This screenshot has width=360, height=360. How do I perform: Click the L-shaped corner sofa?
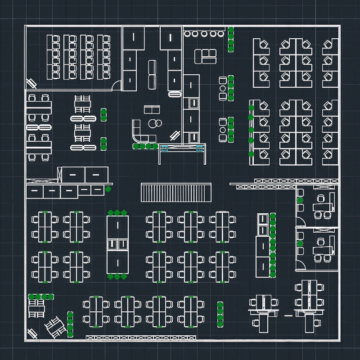(139, 133)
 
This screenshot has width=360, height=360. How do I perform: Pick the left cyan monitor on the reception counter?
(164, 148)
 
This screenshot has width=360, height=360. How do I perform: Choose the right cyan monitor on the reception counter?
(199, 148)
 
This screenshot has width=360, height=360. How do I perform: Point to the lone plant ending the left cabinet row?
(108, 189)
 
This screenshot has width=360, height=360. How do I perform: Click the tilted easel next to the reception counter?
(175, 135)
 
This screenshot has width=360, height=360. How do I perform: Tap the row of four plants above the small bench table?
(41, 297)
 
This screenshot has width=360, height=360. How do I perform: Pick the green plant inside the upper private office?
(300, 200)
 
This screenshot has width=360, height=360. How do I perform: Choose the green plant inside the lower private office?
(300, 243)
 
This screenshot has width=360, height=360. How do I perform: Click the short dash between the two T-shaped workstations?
(288, 316)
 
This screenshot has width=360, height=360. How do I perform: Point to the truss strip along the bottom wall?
(141, 337)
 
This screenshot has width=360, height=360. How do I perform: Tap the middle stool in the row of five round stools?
(204, 34)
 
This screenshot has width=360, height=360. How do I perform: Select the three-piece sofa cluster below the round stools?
(206, 56)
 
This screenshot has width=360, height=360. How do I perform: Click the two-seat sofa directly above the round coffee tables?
(152, 109)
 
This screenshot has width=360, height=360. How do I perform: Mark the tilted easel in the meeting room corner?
(31, 84)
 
